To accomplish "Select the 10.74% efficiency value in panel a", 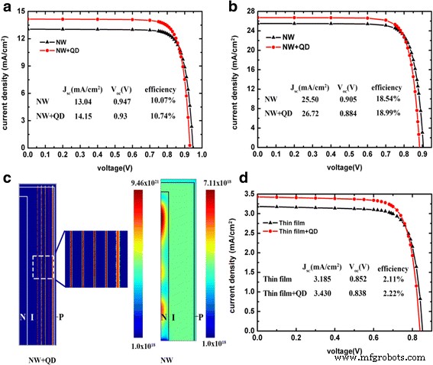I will coord(161,116).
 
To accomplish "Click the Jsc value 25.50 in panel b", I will coord(302,99).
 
